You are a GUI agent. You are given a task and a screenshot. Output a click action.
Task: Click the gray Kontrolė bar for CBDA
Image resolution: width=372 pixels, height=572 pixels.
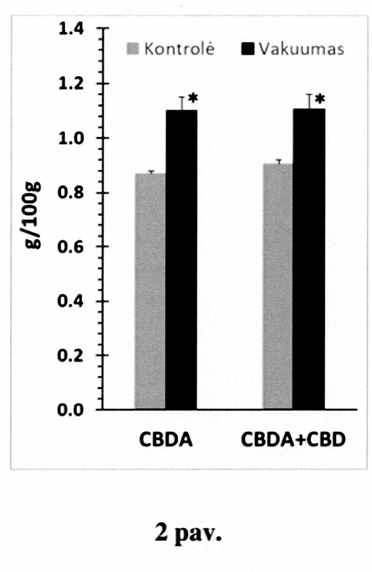tap(150, 291)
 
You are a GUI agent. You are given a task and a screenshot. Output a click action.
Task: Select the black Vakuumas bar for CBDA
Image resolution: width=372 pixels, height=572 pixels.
tap(181, 259)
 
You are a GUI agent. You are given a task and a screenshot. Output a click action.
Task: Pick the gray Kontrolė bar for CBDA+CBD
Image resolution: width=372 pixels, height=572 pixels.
tap(277, 286)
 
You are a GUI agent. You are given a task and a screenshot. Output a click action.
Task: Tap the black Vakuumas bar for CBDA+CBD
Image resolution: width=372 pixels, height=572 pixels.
tap(309, 259)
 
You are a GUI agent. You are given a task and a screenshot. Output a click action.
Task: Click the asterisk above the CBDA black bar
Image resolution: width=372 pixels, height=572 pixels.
tap(193, 98)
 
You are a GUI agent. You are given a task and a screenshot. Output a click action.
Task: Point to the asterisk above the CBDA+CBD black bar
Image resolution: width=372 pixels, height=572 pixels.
tap(320, 99)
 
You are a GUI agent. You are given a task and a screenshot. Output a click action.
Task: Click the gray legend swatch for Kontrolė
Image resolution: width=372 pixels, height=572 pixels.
tap(133, 49)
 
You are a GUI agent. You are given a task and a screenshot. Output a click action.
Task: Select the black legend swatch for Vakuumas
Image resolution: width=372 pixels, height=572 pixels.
tap(247, 49)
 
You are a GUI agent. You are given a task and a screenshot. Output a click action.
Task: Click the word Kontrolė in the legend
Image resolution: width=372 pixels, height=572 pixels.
tap(179, 49)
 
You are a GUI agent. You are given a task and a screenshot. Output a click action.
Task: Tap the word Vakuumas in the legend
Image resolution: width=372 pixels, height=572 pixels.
tap(301, 49)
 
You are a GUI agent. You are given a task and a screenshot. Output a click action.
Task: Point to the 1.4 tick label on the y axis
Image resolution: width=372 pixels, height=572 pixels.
tap(71, 28)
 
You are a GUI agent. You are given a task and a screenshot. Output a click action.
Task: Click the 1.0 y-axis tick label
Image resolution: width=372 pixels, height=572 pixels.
tap(71, 138)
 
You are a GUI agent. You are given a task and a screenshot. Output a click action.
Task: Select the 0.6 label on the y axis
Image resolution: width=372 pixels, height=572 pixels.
tap(71, 247)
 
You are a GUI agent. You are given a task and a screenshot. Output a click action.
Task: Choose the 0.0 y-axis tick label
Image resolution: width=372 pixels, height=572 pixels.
tap(71, 410)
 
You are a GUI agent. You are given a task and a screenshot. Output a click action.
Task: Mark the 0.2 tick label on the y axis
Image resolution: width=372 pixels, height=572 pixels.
tap(71, 356)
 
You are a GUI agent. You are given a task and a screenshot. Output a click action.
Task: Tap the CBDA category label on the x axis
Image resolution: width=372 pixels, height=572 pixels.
tap(166, 439)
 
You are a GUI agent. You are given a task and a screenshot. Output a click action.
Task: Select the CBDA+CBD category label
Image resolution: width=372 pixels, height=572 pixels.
tap(293, 439)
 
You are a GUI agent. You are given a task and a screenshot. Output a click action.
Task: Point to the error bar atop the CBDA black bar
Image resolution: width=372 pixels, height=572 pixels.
tap(182, 103)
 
